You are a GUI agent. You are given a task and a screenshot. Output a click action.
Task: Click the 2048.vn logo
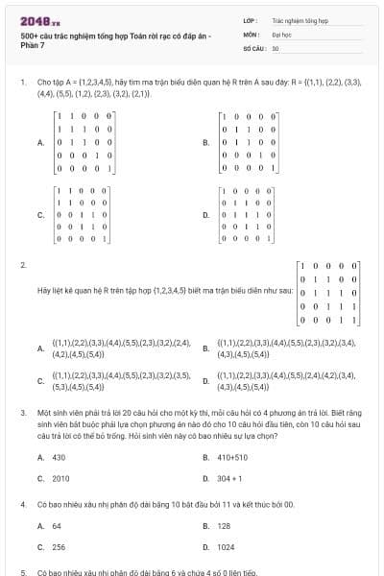35,20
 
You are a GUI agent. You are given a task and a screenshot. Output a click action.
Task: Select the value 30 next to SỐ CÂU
276,47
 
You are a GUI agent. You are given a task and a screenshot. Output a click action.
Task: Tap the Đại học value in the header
280,33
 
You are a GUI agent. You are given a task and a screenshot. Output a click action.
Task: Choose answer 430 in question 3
59,457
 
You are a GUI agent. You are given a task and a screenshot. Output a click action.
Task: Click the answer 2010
60,477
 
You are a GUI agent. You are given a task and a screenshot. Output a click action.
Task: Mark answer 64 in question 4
57,526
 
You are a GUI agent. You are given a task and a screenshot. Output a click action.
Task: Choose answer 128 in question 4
224,526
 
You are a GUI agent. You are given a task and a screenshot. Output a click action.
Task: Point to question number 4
22,503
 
